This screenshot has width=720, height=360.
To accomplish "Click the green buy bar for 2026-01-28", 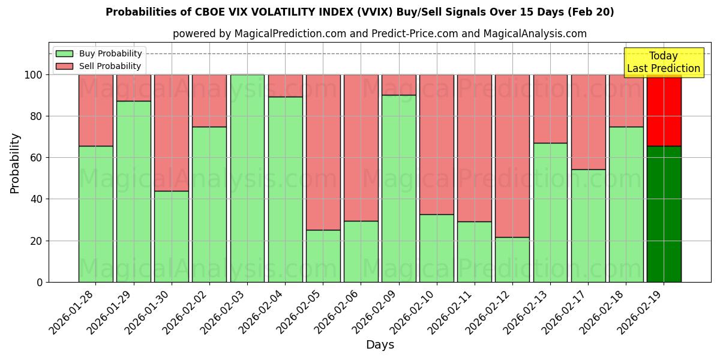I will tap(95, 214).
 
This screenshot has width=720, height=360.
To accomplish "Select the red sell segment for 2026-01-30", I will tap(172, 133).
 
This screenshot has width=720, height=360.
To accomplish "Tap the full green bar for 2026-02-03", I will tap(247, 178).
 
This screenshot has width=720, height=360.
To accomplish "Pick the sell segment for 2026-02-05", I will tap(323, 152).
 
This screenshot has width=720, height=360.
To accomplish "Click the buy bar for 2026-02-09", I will tap(398, 188).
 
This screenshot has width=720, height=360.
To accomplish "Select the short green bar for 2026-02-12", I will tap(512, 259).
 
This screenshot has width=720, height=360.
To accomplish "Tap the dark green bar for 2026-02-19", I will tap(664, 214).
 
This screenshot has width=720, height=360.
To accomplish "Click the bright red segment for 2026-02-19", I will tap(664, 110).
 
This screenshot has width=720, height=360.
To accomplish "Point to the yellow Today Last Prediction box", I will tap(663, 62).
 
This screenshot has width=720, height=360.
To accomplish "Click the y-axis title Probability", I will tap(15, 163).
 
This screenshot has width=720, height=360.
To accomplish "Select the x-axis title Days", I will tap(380, 345).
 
